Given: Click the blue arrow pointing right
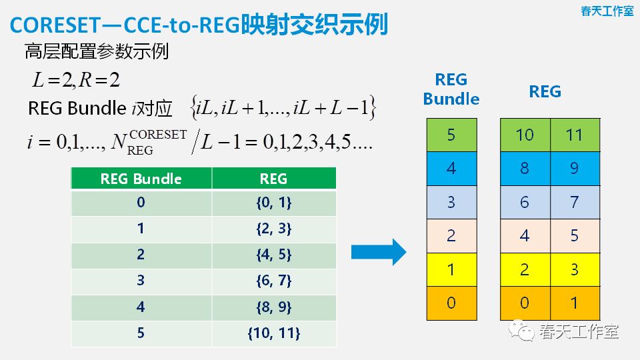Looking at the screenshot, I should click(379, 251).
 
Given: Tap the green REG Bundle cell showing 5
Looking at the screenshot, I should click(451, 135).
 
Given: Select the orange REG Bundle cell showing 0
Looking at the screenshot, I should click(451, 303).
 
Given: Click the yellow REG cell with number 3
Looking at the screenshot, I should click(575, 269).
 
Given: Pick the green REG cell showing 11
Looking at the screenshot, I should click(575, 135).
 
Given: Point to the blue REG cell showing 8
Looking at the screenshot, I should click(525, 168).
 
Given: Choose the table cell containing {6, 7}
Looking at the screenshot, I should click(273, 281).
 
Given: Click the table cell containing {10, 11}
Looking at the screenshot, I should click(273, 333).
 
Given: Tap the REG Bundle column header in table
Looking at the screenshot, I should click(141, 178).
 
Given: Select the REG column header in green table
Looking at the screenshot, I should click(273, 178).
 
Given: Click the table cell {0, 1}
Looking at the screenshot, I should click(273, 203).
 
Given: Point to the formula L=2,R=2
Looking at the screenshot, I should click(76, 81).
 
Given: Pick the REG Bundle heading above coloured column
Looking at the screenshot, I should click(451, 89).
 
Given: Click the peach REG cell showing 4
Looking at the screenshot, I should click(525, 235).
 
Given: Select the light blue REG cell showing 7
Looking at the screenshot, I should click(575, 202).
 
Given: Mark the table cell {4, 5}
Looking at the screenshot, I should click(273, 255).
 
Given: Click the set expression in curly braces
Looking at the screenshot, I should click(283, 108).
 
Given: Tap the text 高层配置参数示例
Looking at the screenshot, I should click(96, 51).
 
